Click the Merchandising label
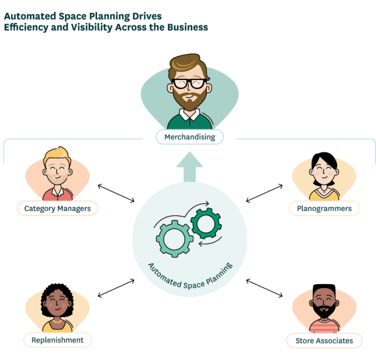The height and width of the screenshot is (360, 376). [189, 138]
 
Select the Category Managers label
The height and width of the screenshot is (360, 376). [57, 208]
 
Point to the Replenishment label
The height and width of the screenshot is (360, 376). [57, 340]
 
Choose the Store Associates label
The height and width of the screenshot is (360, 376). [320, 341]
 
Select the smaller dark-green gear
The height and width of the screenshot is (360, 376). [203, 223]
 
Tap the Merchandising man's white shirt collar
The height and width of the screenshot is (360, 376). [189, 118]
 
